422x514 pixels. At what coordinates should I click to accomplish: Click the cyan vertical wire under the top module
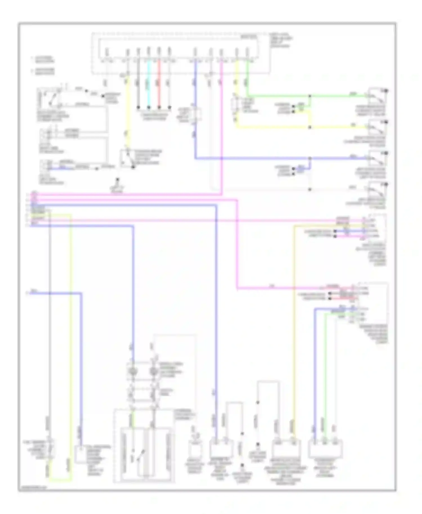tap(149, 84)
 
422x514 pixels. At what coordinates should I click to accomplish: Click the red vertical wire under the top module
tap(159, 84)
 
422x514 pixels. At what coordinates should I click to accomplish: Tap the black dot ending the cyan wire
tap(149, 107)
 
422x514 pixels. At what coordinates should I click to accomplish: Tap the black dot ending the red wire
tap(159, 107)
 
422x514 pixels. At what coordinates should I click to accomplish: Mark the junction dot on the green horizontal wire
tap(310, 96)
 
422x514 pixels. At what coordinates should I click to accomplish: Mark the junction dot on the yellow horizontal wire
tap(310, 127)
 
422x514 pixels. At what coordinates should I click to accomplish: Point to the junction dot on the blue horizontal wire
tap(310, 159)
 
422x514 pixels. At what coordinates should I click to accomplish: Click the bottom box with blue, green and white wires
tap(325, 448)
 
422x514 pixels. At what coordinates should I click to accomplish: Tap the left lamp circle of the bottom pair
tap(133, 372)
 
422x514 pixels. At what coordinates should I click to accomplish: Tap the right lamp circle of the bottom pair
tap(153, 372)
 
